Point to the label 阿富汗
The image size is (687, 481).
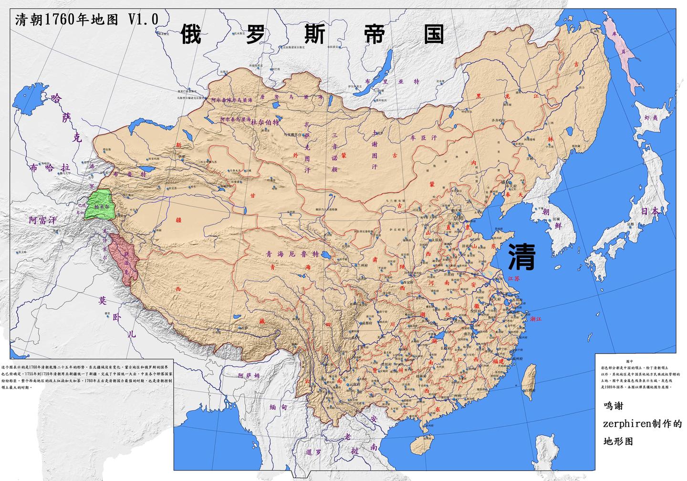pos(42,220)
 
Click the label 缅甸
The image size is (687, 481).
pos(279,408)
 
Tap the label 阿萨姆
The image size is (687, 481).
pos(250,376)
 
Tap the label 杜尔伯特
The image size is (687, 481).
pos(264,122)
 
